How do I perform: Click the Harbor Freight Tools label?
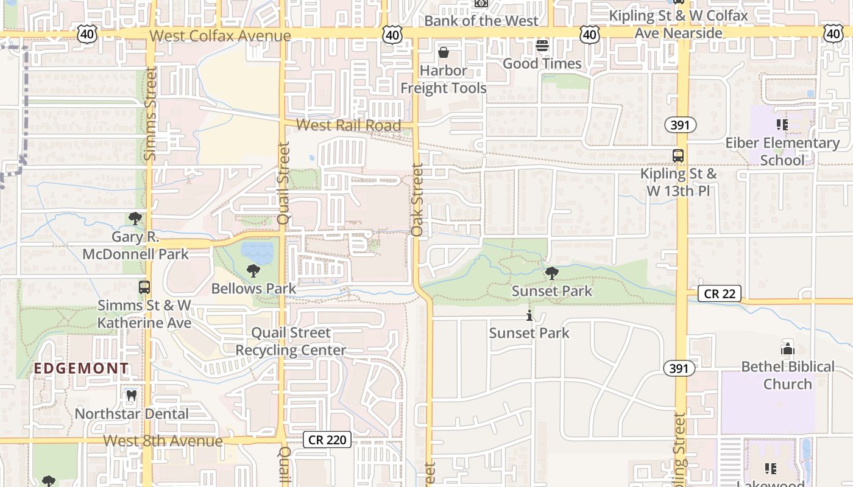[x=443, y=79]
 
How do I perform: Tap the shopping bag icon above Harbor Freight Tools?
[x=444, y=52]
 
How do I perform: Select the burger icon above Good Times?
[x=542, y=46]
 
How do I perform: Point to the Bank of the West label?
[x=481, y=21]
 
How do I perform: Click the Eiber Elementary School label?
[x=782, y=152]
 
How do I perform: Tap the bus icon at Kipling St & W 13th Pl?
[x=678, y=156]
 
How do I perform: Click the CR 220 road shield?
[x=327, y=440]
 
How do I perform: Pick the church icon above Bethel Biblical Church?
[x=787, y=349]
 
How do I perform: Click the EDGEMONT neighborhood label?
[x=81, y=368]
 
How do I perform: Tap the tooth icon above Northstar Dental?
[x=131, y=396]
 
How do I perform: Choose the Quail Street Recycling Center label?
[x=291, y=342]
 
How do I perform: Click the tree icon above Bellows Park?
[x=253, y=271]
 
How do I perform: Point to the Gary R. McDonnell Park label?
[x=135, y=245]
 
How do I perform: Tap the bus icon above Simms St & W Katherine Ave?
[x=144, y=287]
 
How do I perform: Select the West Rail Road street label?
[x=349, y=126]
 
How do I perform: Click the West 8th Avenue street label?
[x=163, y=441]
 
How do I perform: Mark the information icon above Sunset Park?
[x=529, y=316]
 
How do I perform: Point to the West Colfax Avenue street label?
[x=220, y=36]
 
